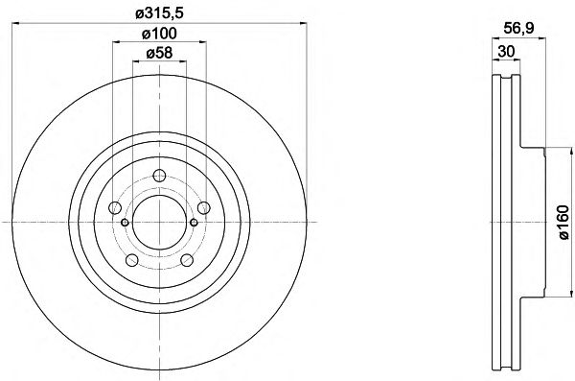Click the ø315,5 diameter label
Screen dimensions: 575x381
tap(159, 14)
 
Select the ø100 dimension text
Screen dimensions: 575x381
tap(159, 34)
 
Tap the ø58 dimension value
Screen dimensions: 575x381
tap(159, 54)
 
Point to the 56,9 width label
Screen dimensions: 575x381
tap(518, 28)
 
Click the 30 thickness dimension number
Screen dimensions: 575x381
tap(506, 52)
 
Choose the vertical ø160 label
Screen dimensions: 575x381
tap(563, 223)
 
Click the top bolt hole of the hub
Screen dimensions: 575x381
tap(159, 176)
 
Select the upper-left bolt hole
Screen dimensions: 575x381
tap(115, 207)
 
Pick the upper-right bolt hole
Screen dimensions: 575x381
tap(203, 207)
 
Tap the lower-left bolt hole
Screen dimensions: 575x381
tap(132, 260)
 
